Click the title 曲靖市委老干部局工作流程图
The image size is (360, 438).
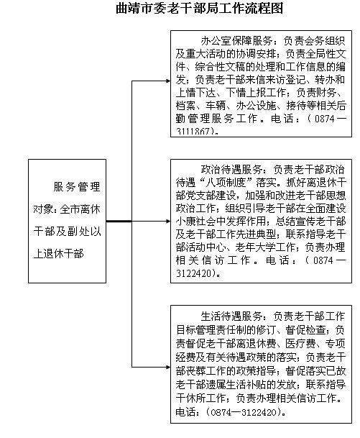tap(199, 8)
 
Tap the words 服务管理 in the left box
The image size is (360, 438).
tap(77, 187)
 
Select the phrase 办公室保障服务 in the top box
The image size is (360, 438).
tap(236, 41)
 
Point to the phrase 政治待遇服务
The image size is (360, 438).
tap(231, 170)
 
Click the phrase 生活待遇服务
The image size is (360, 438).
tap(231, 316)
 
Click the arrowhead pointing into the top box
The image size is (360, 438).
tap(168, 81)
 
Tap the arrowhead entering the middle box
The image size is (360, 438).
tap(168, 222)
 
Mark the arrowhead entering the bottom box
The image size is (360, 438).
tap(168, 367)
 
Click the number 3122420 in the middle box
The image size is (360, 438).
tap(194, 273)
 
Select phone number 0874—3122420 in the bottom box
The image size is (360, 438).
tap(244, 412)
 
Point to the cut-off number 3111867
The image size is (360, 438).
tap(194, 132)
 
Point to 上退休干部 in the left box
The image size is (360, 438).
tap(59, 254)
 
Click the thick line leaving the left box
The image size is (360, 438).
tap(119, 222)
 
